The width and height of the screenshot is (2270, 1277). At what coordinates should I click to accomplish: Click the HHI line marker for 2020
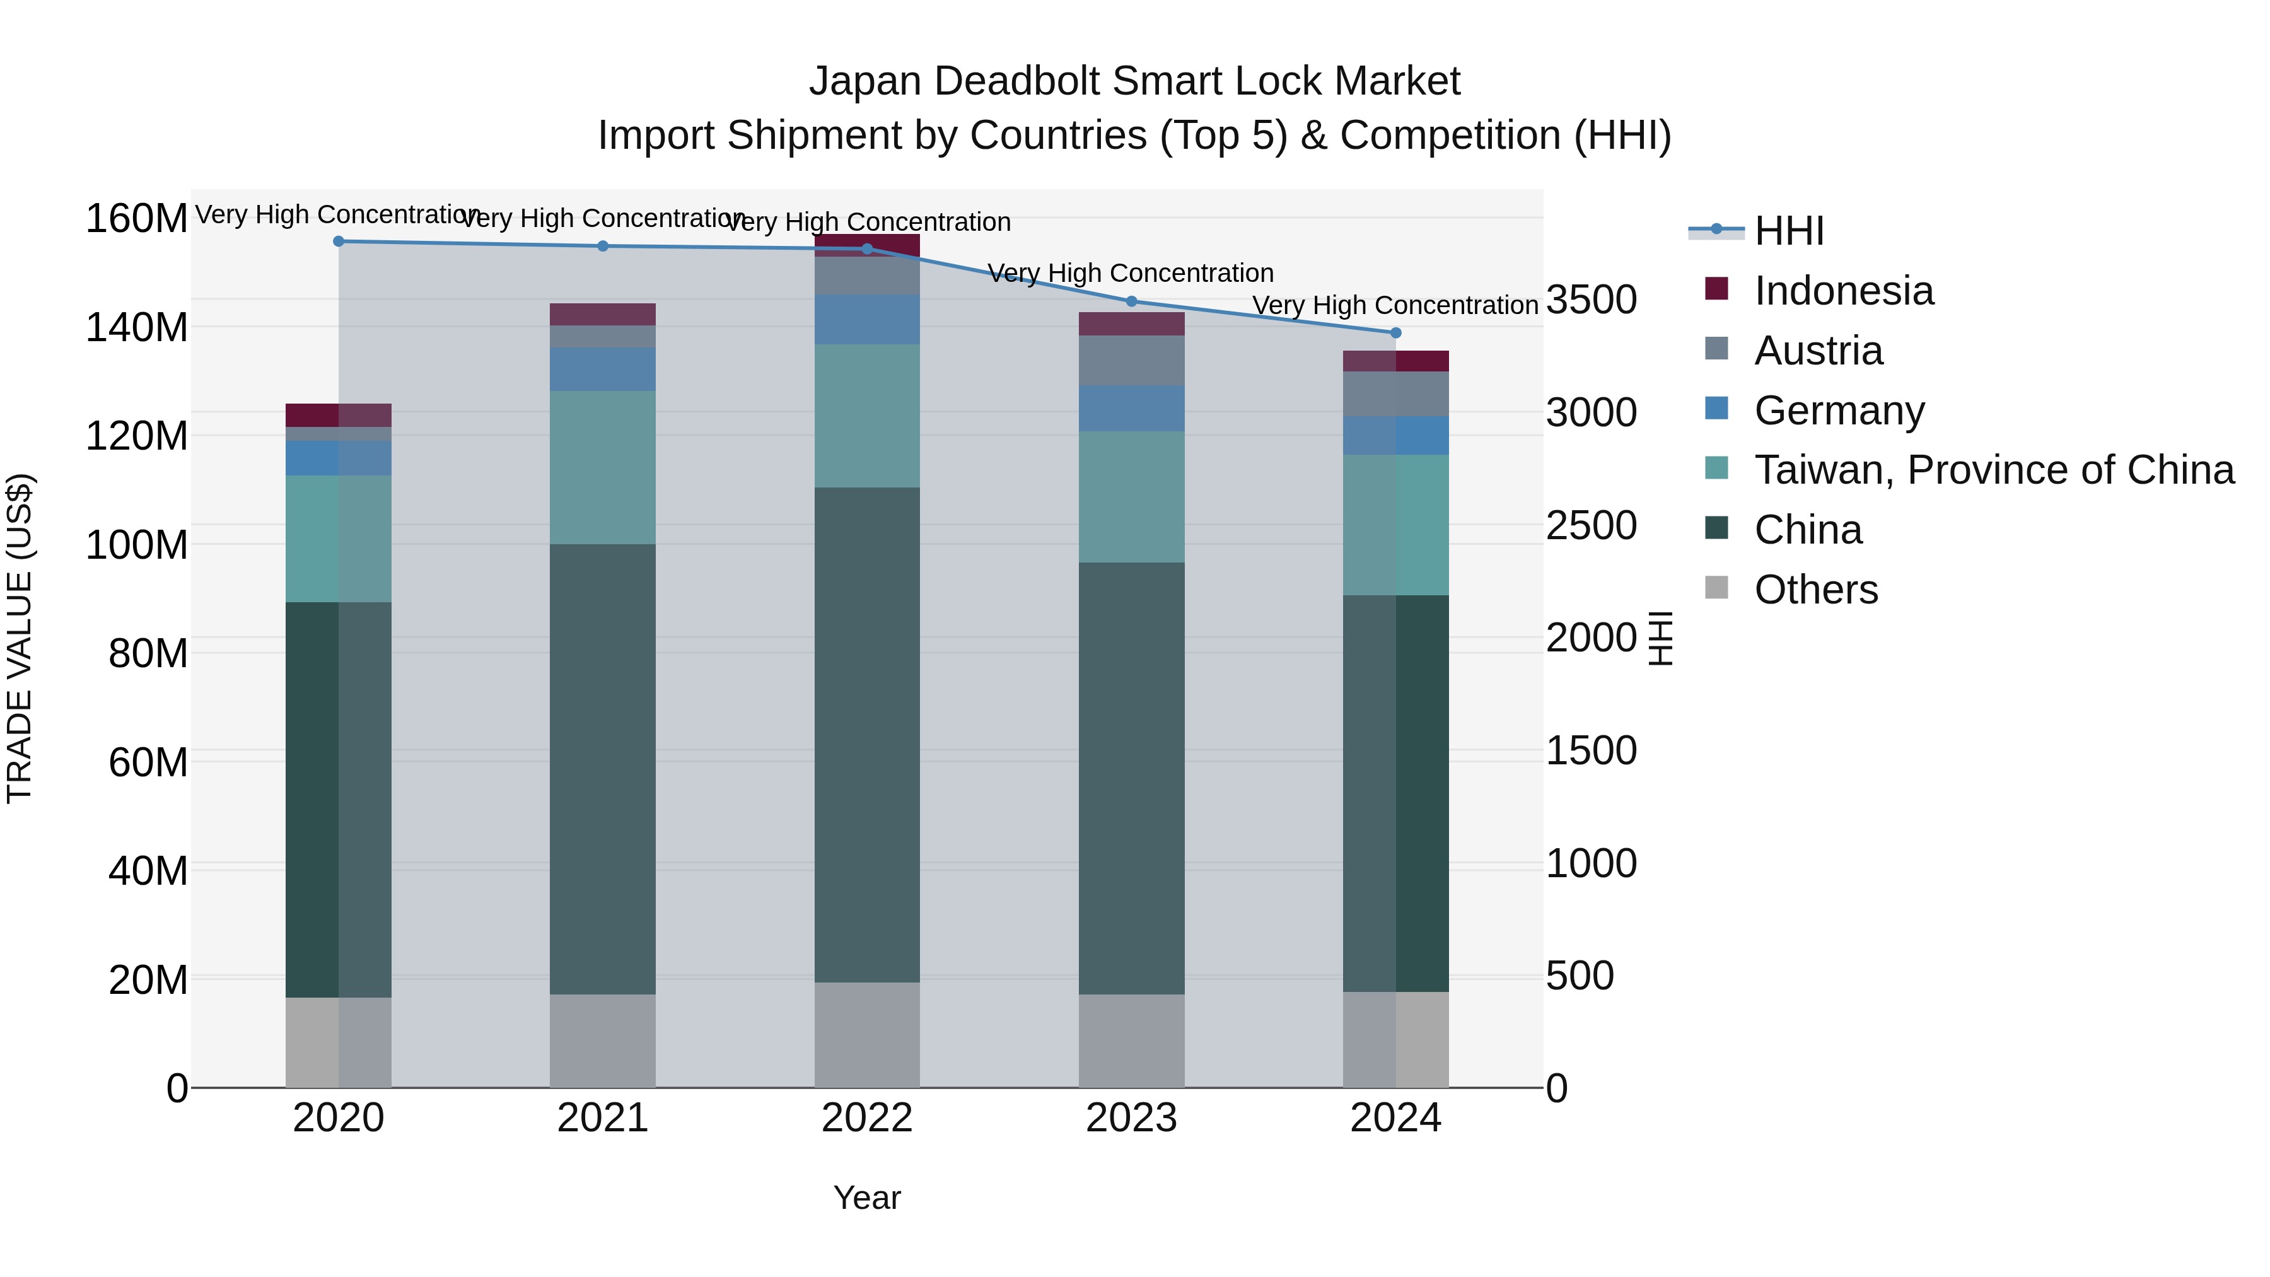(339, 241)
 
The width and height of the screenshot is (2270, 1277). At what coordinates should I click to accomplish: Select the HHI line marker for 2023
(1131, 301)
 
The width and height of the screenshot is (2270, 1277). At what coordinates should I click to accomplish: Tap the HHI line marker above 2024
(1395, 332)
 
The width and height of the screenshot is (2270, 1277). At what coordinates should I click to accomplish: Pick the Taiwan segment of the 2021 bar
(603, 467)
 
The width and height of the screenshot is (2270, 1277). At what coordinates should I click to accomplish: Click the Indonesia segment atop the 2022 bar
(867, 245)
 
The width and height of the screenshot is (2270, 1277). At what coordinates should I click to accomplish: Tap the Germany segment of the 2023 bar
(1131, 408)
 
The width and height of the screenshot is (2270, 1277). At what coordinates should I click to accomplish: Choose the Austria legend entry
(1817, 351)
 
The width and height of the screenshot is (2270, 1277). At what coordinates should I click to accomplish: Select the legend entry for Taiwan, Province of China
(1993, 470)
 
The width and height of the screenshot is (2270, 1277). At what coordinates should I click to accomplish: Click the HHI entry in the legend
(1788, 231)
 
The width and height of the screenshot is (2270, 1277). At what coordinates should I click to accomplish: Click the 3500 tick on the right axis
(1591, 300)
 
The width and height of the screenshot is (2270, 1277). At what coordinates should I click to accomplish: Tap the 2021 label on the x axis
(603, 1118)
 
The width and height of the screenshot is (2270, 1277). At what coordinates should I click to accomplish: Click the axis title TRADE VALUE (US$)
(20, 638)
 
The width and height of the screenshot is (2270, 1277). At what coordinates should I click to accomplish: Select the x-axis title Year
(867, 1198)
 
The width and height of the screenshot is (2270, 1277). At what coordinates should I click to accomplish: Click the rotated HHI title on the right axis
(1660, 638)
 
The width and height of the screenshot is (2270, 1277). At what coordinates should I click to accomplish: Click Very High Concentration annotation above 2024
(1395, 305)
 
